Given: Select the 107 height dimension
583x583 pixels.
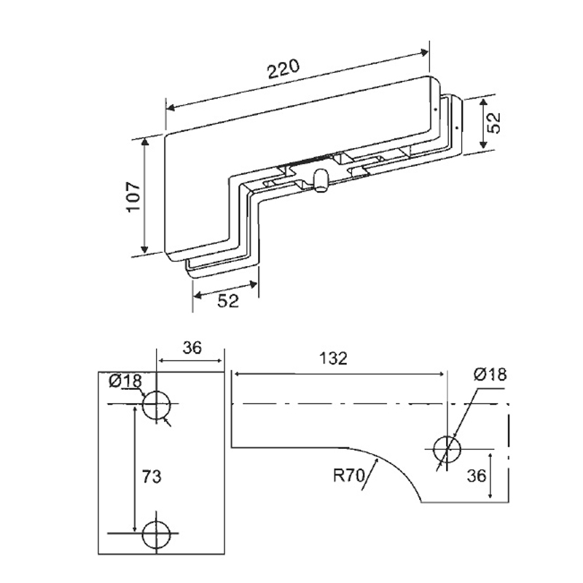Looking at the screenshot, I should (x=132, y=197).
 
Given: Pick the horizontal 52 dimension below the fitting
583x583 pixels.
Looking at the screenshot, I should (x=228, y=301).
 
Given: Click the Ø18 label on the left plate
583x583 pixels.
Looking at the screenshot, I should (x=125, y=381).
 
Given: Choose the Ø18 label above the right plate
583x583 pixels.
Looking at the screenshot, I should (x=490, y=374).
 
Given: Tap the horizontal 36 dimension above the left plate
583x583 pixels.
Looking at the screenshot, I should (x=192, y=347).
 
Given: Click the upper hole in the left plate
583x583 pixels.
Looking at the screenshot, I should (x=157, y=405).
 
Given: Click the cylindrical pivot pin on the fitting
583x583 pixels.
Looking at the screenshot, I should (x=318, y=180).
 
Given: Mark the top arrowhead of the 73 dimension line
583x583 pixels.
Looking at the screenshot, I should (x=134, y=410).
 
